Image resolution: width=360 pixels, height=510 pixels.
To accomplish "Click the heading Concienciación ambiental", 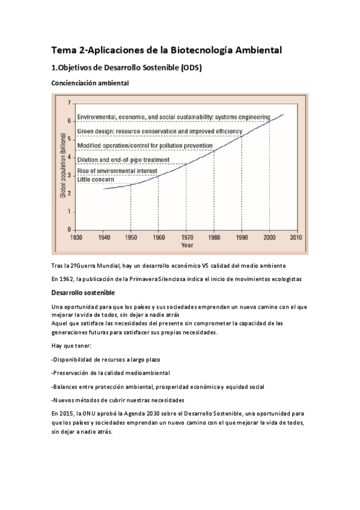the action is coord(90,83).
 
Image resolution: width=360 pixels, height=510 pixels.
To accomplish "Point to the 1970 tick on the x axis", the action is coord(186,238).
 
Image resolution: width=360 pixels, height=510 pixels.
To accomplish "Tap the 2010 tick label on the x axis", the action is coord(296,238).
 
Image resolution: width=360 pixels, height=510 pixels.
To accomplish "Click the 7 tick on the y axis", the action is coord(69,103).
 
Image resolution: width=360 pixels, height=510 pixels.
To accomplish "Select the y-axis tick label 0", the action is coord(69,230).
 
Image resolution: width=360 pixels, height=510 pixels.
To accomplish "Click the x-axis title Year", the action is coord(188,245).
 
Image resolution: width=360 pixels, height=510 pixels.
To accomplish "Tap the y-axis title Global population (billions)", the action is coord(62,165).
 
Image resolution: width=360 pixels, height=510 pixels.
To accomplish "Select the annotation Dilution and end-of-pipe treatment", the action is coord(124,159).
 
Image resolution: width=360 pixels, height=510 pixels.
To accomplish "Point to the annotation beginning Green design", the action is coord(159,131).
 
